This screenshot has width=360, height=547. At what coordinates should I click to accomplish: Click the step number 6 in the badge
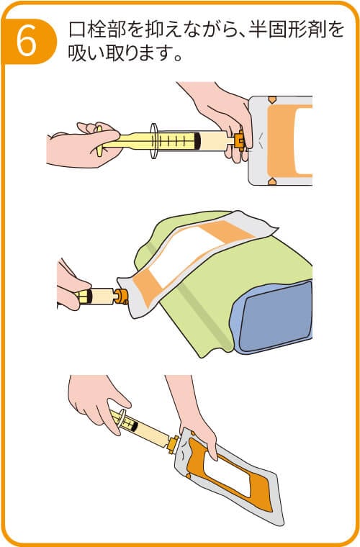pyautogui.click(x=27, y=41)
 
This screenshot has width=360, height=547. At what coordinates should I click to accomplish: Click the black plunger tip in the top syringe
pyautogui.click(x=198, y=140)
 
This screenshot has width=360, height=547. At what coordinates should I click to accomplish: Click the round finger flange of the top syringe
pyautogui.click(x=154, y=141)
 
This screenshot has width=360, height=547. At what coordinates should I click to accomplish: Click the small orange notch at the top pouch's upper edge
pyautogui.click(x=272, y=100)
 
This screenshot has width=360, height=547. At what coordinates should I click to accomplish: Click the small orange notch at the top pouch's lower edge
pyautogui.click(x=272, y=181)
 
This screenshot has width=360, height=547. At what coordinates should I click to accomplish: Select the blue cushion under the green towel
pyautogui.click(x=274, y=317)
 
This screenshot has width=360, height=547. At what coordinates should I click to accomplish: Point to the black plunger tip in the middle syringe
pyautogui.click(x=89, y=297)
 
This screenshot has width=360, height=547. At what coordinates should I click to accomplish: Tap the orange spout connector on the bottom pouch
pyautogui.click(x=173, y=444)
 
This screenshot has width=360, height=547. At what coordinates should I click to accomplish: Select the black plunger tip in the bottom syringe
pyautogui.click(x=134, y=425)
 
